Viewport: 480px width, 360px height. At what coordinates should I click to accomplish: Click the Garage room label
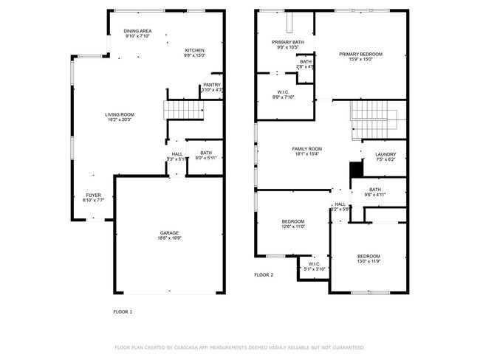tap(169, 235)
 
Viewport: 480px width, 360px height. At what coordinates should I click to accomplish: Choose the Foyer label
tap(93, 197)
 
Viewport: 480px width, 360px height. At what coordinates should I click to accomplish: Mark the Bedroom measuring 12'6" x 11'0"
tap(293, 224)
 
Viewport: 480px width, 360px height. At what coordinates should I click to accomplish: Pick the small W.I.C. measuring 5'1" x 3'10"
tap(315, 267)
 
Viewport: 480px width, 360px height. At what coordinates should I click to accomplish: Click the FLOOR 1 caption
tap(123, 311)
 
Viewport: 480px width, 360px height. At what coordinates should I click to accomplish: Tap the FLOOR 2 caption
tap(264, 274)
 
